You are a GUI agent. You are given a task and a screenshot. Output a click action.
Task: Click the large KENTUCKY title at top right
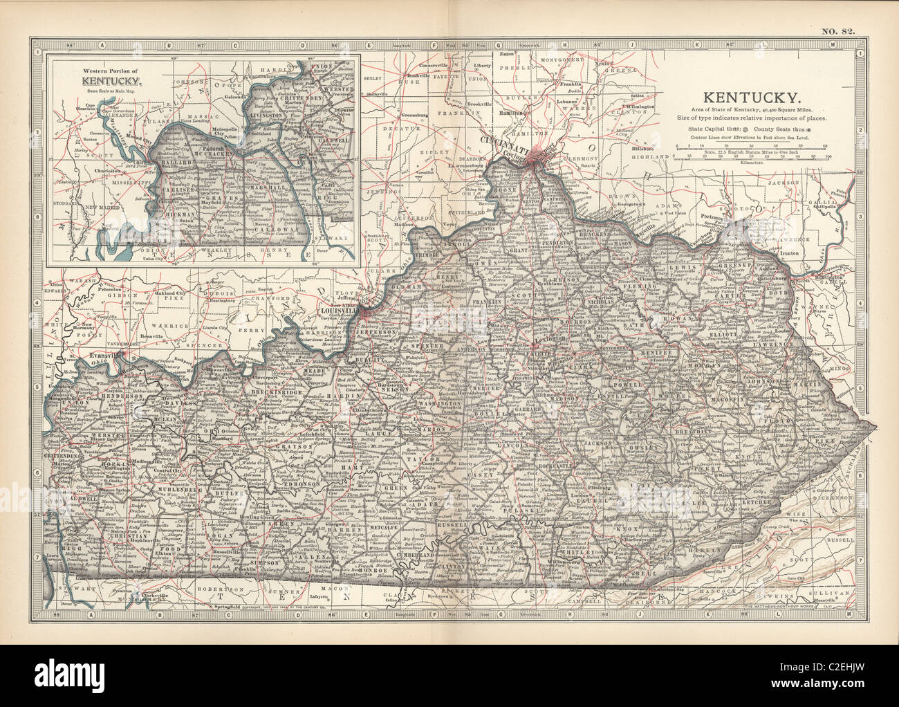752,98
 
